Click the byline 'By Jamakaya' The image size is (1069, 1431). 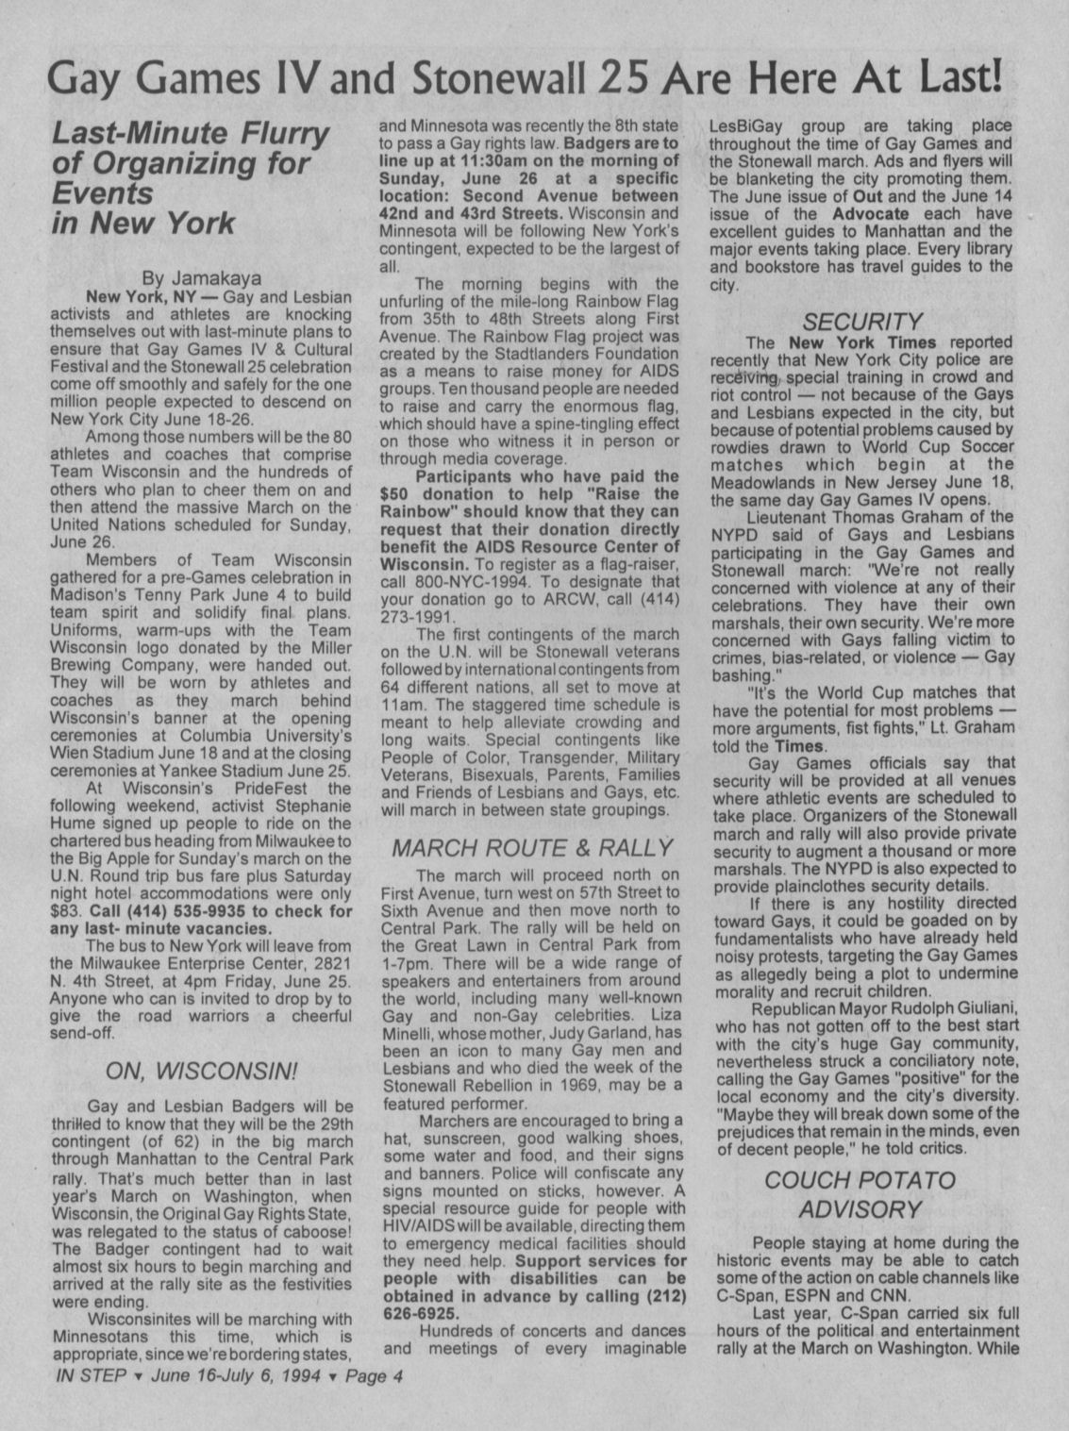click(x=201, y=278)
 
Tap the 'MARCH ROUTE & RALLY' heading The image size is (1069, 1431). click(x=531, y=847)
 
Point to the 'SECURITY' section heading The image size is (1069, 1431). click(x=860, y=322)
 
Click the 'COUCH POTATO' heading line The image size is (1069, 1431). click(x=860, y=1180)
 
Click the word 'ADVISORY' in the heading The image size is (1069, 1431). click(x=860, y=1209)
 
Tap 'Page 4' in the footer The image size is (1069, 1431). click(x=374, y=1375)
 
